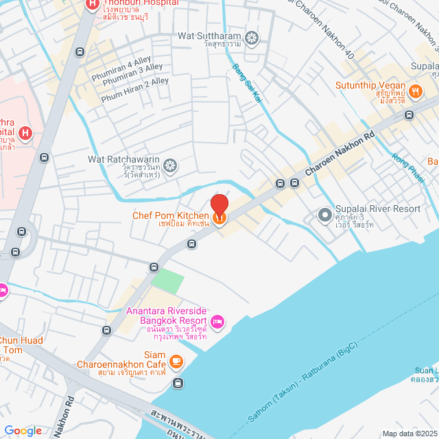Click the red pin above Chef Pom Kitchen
tap(219, 205)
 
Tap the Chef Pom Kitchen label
tap(171, 217)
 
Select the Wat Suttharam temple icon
tap(252, 36)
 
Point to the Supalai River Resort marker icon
tap(324, 215)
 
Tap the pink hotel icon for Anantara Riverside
tap(217, 320)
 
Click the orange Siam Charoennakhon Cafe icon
tap(176, 360)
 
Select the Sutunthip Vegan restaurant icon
tap(414, 91)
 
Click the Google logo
tap(23, 430)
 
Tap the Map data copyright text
tap(409, 434)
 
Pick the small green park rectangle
tap(168, 281)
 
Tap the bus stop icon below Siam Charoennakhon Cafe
tap(178, 382)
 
